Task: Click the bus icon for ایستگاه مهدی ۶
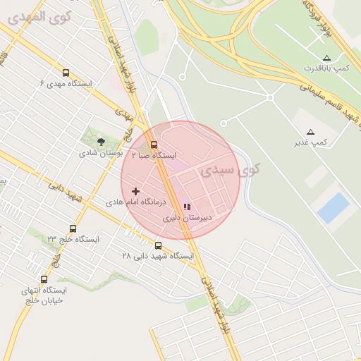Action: [x=66, y=73]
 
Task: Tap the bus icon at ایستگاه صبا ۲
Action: [x=154, y=144]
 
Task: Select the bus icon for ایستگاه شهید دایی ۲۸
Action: [x=158, y=246]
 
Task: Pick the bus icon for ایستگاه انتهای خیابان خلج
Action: [x=44, y=279]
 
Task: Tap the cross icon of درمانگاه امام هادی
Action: [x=136, y=191]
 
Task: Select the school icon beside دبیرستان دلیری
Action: [x=187, y=207]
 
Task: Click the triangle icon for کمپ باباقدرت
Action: [x=326, y=57]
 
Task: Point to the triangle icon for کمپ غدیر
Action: [x=310, y=132]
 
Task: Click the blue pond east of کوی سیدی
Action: [x=333, y=208]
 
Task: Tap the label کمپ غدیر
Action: [x=311, y=143]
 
